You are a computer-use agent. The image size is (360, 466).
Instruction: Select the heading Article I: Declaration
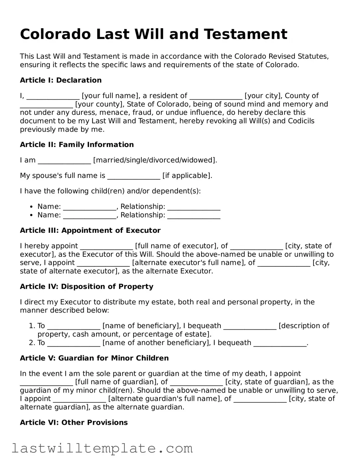coord(60,80)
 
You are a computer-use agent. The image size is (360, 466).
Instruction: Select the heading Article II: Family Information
coord(77,145)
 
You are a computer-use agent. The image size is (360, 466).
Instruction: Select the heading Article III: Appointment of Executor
coord(90,231)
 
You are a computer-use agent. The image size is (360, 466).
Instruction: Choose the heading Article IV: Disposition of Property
coord(86,287)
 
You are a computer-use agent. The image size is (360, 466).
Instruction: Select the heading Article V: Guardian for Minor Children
coord(94,358)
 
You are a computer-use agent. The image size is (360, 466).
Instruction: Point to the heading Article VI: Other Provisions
coord(74,422)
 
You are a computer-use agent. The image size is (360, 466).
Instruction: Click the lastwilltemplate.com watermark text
coord(102,448)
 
